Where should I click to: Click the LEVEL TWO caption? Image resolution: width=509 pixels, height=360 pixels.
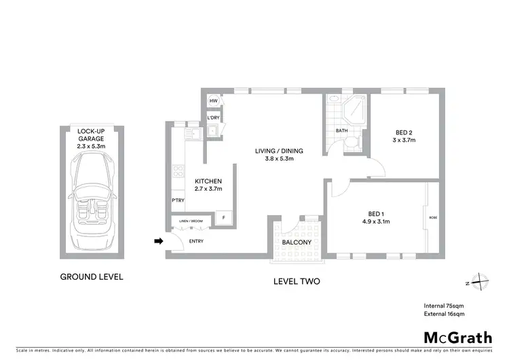(x=297, y=281)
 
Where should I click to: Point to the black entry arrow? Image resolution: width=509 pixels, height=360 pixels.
(x=159, y=240)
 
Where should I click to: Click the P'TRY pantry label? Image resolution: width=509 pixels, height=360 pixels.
(x=178, y=200)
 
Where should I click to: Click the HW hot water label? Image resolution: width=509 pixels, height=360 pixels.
(x=213, y=101)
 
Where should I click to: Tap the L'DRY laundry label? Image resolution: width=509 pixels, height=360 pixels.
(x=213, y=117)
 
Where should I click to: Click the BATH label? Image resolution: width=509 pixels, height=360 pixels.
(x=342, y=131)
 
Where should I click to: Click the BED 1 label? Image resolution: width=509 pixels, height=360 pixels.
(x=375, y=216)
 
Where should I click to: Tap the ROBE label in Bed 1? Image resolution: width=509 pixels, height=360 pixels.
(x=433, y=218)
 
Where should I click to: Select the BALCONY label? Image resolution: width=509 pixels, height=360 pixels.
(x=296, y=242)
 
